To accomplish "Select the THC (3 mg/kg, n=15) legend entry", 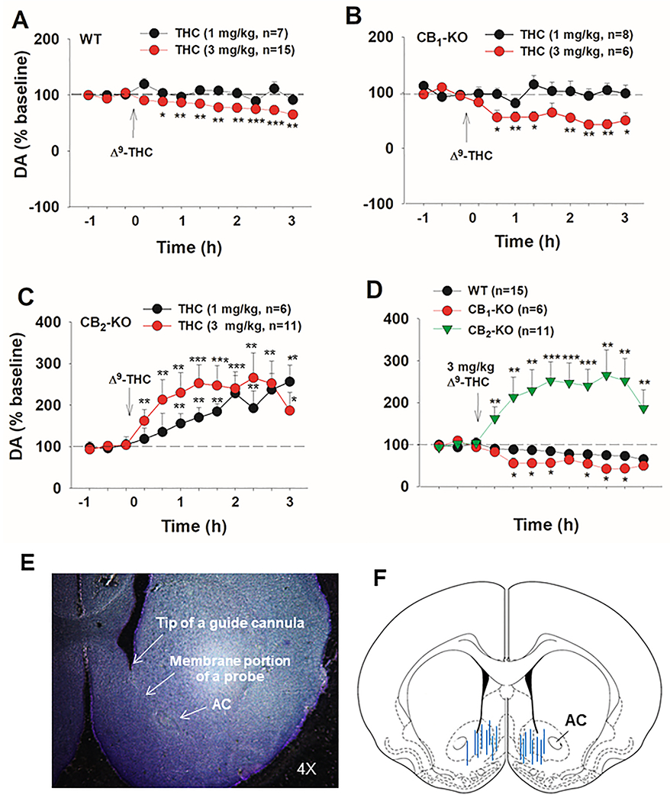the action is pos(217,50).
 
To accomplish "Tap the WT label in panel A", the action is pos(91,39).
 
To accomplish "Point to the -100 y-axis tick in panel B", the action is pos(378,204).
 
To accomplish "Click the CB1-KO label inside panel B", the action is pos(442,39).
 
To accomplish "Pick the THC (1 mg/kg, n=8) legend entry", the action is pos(559,35).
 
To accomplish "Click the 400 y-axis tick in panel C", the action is pos(50,323).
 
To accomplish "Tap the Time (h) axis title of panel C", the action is pos(194,526).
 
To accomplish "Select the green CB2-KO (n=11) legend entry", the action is pos(494,330).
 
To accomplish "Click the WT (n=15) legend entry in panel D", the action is pos(481,291).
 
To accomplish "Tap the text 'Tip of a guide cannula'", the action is pos(230,623).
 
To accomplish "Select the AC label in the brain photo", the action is pos(222,704).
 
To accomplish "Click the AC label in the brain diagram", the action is pos(575,720).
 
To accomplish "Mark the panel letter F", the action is pos(380,579).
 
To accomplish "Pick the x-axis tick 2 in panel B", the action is pos(570,217).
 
